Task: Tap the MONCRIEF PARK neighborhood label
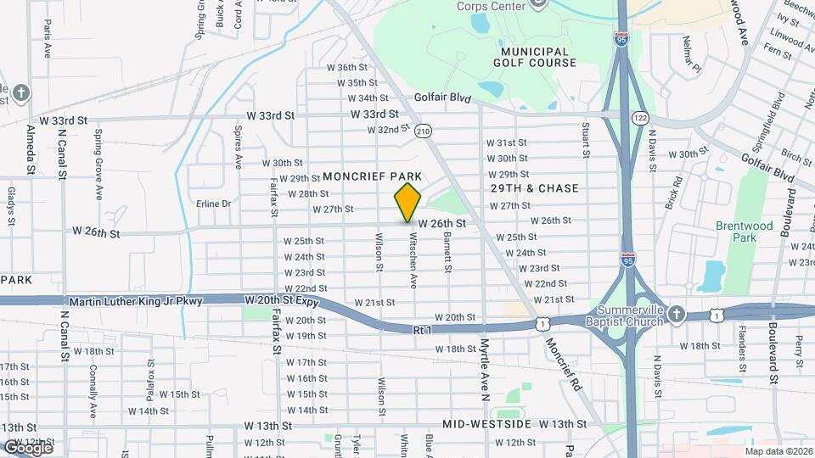click(x=372, y=176)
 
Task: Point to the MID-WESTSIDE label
click(x=486, y=423)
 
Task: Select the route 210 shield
click(x=423, y=131)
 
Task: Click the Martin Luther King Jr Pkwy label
click(x=136, y=301)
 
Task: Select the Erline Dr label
click(x=213, y=204)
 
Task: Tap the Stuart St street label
click(x=586, y=140)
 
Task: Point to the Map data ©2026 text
click(x=778, y=451)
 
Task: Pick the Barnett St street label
click(x=447, y=254)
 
